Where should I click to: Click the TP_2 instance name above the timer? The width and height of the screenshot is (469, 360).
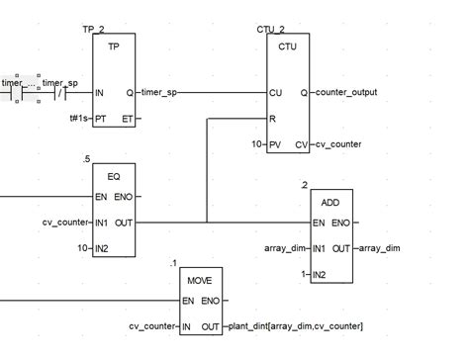pyautogui.click(x=94, y=30)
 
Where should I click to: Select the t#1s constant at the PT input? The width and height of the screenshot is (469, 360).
pyautogui.click(x=79, y=119)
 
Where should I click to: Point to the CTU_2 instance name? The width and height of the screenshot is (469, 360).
pyautogui.click(x=268, y=30)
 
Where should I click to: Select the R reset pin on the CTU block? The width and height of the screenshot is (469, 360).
pyautogui.click(x=273, y=119)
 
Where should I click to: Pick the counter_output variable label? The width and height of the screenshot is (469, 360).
pyautogui.click(x=346, y=93)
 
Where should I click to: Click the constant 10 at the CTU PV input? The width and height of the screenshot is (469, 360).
pyautogui.click(x=256, y=144)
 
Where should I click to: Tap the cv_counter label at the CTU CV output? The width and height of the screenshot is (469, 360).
pyautogui.click(x=338, y=144)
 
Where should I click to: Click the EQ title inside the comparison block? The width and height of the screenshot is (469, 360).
pyautogui.click(x=114, y=175)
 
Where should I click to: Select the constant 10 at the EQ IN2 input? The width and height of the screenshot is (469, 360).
pyautogui.click(x=83, y=248)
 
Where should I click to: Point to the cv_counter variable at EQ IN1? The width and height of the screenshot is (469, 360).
pyautogui.click(x=65, y=223)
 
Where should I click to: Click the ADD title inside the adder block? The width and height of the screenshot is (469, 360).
pyautogui.click(x=331, y=202)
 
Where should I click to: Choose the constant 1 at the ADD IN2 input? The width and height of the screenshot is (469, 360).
pyautogui.click(x=303, y=274)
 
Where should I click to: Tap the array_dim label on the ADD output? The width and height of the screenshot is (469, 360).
pyautogui.click(x=379, y=248)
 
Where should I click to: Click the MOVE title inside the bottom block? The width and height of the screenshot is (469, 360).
pyautogui.click(x=200, y=279)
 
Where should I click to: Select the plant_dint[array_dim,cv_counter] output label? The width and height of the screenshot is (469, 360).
pyautogui.click(x=296, y=325)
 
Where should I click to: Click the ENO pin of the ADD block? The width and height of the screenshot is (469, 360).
pyautogui.click(x=341, y=223)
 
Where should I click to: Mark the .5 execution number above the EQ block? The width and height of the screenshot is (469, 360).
pyautogui.click(x=87, y=159)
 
